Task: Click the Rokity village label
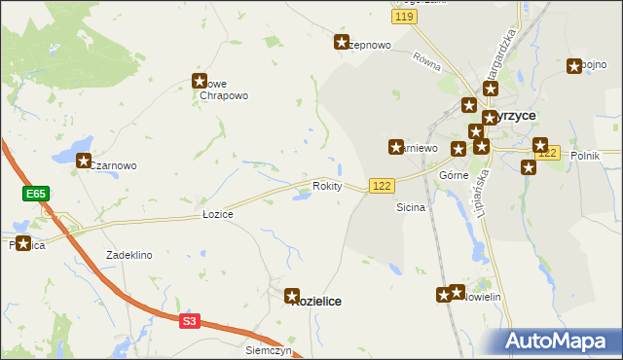coord(327,185)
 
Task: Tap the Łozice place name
coord(217,213)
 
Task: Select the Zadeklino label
coord(129,255)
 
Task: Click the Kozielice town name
coord(316,302)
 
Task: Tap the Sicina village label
coord(410,207)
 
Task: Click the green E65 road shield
coord(36,195)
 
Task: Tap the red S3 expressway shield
coord(189,320)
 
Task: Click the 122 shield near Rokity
coord(381,185)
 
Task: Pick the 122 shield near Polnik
coord(549,154)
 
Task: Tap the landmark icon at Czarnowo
coord(84,162)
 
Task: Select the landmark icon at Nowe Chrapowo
coord(201,83)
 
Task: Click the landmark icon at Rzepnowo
coord(342,42)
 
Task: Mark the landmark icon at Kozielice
coord(292,294)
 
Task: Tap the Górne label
coord(455,175)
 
